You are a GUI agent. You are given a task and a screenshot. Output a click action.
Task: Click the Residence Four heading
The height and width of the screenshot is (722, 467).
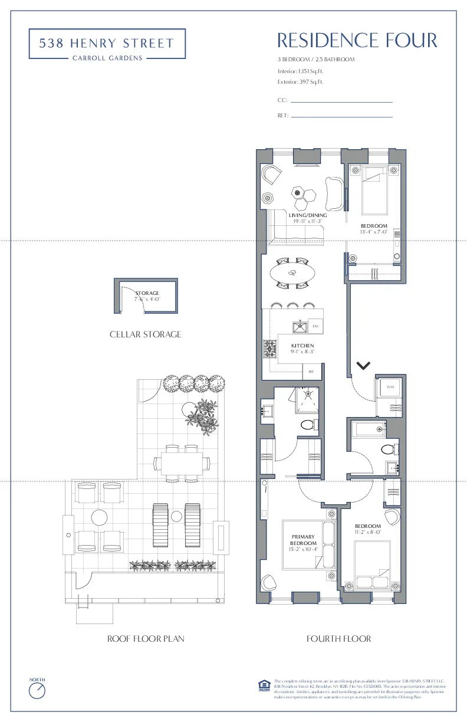(357, 41)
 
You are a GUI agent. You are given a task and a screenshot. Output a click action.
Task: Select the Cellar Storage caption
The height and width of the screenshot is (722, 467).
(146, 334)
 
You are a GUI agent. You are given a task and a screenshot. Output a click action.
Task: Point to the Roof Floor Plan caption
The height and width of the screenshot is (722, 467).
(146, 639)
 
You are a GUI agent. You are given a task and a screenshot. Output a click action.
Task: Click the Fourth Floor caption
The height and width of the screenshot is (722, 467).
(339, 639)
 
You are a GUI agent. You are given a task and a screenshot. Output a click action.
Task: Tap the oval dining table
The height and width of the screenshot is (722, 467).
(292, 273)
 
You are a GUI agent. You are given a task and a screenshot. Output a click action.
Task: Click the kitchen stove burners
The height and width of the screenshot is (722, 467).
(271, 349)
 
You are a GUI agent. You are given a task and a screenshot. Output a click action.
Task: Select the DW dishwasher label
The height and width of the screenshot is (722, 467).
(315, 327)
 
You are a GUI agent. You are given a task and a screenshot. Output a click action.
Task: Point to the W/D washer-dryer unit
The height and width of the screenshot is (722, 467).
(390, 387)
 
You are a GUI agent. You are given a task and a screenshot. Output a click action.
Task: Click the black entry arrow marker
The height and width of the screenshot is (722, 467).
(364, 366)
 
